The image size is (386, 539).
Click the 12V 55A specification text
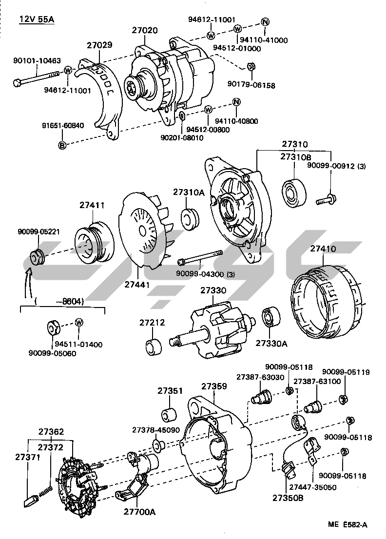tap(37, 19)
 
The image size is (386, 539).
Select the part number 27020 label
tap(145, 30)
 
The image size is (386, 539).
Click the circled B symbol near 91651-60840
tap(62, 145)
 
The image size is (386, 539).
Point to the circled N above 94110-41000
tap(265, 21)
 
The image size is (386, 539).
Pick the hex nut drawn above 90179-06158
tap(250, 67)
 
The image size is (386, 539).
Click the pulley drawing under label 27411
tap(93, 242)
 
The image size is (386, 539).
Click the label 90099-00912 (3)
tap(336, 166)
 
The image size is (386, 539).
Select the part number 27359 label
tap(214, 386)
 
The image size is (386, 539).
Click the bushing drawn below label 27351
tap(170, 414)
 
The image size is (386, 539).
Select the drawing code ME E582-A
tap(347, 524)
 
